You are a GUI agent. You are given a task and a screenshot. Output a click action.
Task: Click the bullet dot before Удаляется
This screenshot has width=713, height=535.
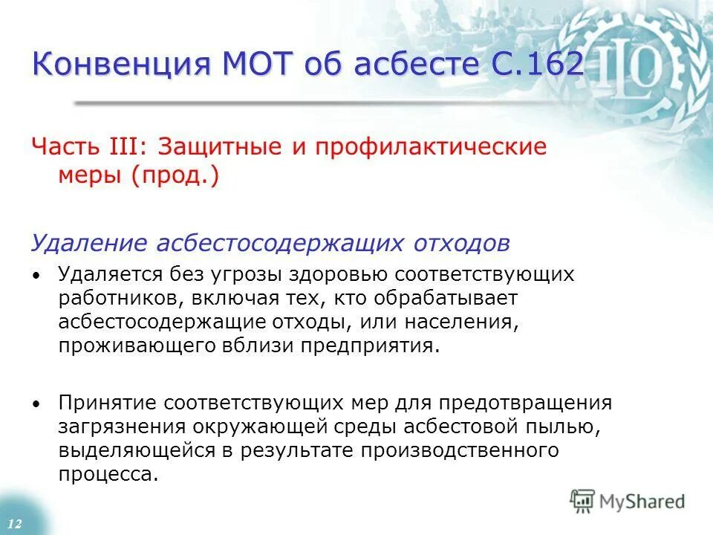(x=36, y=275)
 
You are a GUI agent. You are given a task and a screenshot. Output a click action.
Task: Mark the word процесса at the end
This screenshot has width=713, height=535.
(x=108, y=475)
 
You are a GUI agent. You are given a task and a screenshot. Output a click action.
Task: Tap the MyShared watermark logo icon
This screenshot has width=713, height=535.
(x=582, y=499)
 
